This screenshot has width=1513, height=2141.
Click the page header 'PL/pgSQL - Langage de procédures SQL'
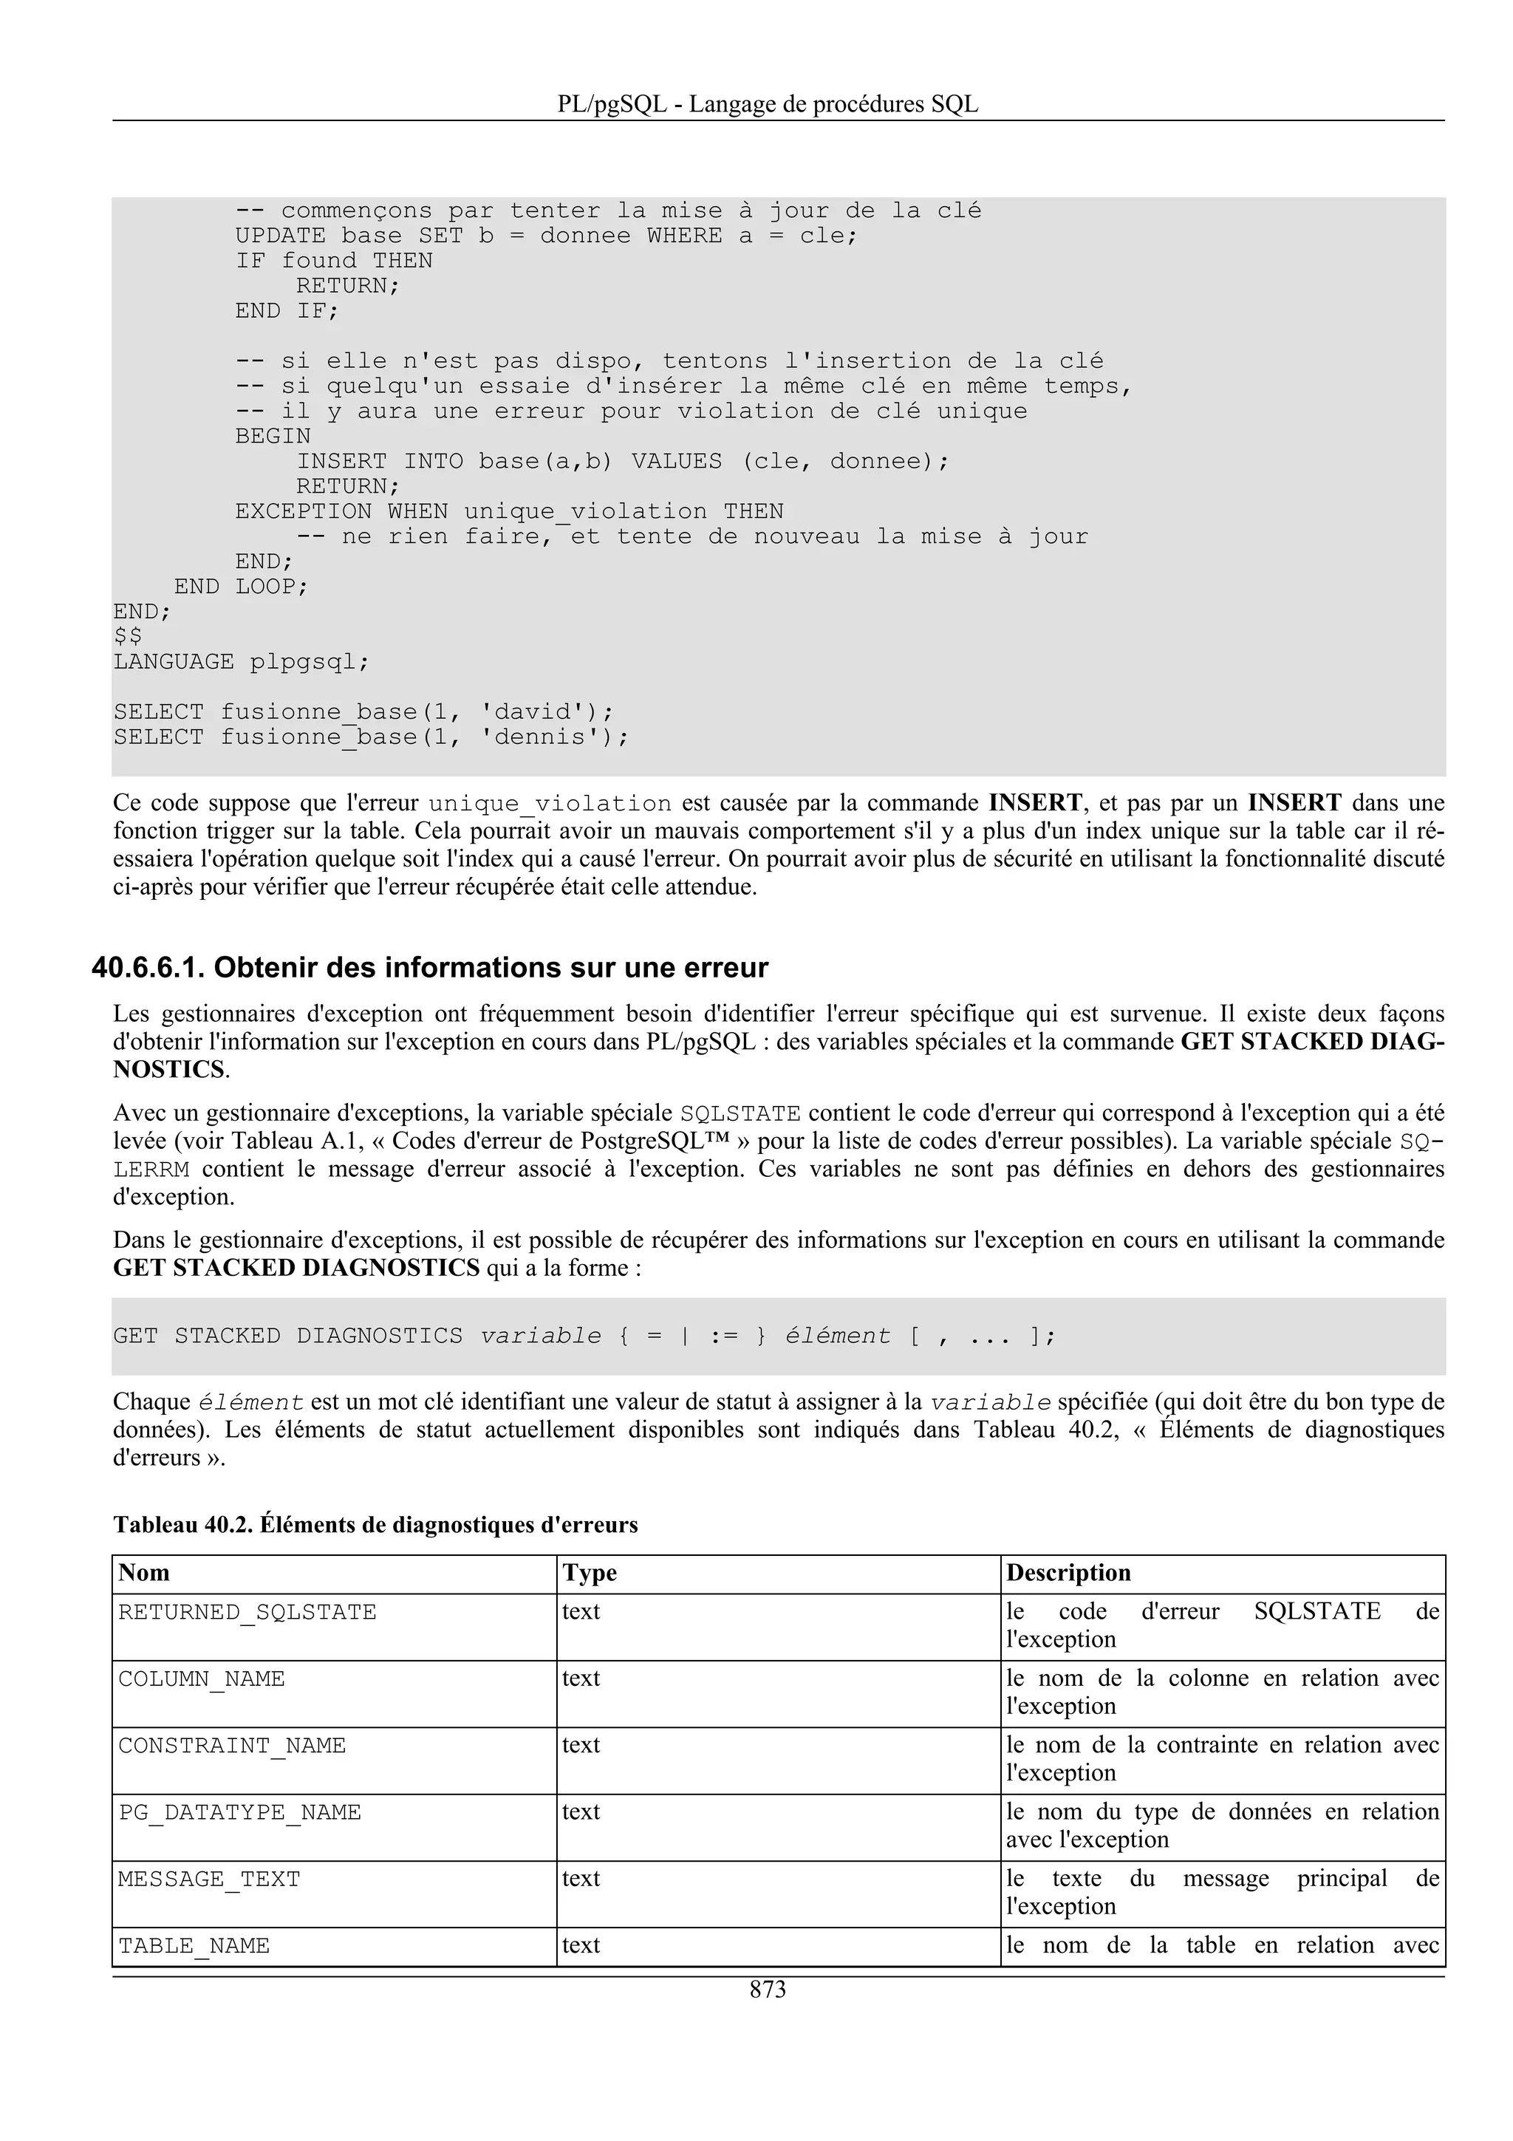coord(768,103)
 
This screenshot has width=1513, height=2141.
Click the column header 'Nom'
coord(145,1572)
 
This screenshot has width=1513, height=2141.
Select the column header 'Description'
coord(1068,1572)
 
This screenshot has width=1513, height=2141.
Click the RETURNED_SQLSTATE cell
coord(247,1612)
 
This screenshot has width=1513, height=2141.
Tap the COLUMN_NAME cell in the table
coord(202,1679)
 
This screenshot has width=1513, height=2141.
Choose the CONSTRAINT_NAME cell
coord(232,1746)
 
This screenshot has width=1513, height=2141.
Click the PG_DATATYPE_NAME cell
coord(239,1813)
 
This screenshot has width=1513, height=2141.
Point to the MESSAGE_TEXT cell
coord(209,1879)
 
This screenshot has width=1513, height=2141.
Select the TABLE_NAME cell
coord(194,1946)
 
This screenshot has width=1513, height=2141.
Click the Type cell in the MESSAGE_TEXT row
coord(581,1878)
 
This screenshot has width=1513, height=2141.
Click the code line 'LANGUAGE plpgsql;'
coord(242,662)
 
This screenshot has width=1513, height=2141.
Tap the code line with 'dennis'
coord(371,737)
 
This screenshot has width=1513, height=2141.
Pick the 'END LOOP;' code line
coord(241,587)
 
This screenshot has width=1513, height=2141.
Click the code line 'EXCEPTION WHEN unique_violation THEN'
coord(509,511)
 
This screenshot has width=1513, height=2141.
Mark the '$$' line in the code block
coord(128,637)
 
